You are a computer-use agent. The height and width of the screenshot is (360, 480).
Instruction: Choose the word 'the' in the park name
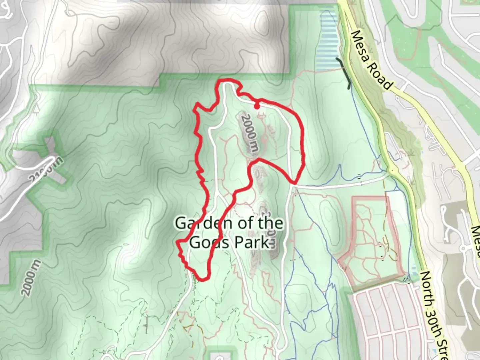pyautogui.click(x=271, y=223)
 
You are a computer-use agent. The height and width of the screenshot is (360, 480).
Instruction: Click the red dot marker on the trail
pyautogui.click(x=257, y=106)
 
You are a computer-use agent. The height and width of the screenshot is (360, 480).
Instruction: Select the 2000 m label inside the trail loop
pyautogui.click(x=250, y=133)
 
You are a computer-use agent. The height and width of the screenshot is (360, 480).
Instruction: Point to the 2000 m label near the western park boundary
pyautogui.click(x=32, y=277)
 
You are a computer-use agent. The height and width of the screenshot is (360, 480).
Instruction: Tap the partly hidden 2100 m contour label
pyautogui.click(x=46, y=171)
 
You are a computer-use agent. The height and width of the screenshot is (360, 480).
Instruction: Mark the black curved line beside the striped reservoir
pyautogui.click(x=345, y=73)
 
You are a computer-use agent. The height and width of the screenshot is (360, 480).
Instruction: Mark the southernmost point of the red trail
pyautogui.click(x=202, y=279)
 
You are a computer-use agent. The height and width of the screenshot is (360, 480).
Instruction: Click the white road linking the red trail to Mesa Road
pyautogui.click(x=340, y=184)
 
